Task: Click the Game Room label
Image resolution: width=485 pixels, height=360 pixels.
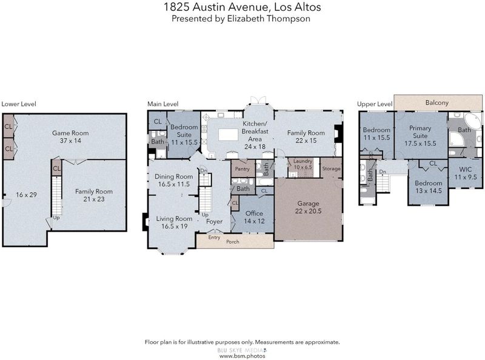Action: pos(70,133)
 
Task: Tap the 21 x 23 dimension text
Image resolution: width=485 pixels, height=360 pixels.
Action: pos(94,199)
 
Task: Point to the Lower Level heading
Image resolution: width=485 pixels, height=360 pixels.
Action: pos(19,104)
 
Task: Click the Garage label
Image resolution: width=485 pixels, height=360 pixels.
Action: pos(308,204)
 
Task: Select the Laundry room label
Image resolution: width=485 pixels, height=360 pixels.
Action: pos(303,161)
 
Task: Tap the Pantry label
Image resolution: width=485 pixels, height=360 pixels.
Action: pos(242,169)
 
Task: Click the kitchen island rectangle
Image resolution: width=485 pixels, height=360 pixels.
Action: pos(228,135)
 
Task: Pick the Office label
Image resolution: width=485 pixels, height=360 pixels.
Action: pos(254,213)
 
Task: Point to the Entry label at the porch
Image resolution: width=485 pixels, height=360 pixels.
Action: pos(214,238)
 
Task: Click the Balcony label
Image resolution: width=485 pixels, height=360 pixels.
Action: pos(436,102)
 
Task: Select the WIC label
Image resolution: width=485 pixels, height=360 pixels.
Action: pos(466,169)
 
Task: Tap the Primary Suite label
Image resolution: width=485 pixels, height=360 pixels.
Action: pos(420,132)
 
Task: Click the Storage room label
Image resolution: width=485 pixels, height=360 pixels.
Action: pos(331,168)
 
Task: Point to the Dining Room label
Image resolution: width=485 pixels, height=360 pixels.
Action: pos(174,176)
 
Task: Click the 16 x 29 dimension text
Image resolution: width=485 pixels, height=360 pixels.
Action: pos(26,195)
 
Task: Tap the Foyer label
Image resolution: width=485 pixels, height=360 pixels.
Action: pos(215,221)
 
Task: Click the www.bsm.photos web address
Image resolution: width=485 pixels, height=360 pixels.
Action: pos(242,356)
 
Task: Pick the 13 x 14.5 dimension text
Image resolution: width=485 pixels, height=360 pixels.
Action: pos(429,191)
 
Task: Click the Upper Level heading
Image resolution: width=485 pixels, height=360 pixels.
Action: pos(375,104)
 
